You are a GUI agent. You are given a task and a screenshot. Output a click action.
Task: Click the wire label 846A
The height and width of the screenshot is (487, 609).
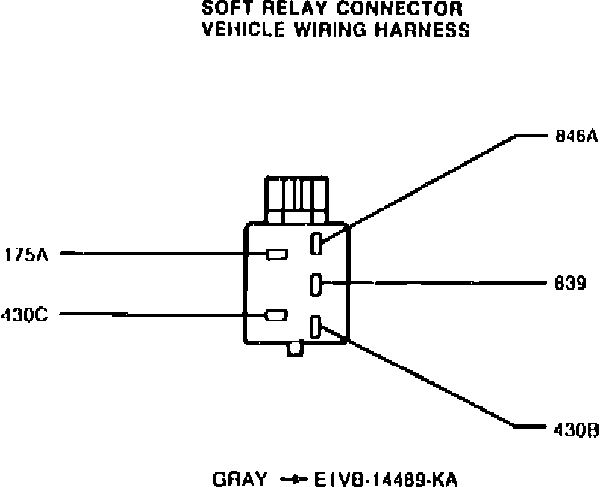click(576, 137)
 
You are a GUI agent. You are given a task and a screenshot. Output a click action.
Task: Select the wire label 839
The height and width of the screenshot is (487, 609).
click(570, 284)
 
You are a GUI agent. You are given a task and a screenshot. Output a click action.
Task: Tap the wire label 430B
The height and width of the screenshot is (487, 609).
click(576, 431)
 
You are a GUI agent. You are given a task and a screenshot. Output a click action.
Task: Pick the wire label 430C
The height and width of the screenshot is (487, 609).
click(25, 314)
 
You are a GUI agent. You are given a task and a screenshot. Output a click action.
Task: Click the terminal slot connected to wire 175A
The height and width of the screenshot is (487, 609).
click(277, 255)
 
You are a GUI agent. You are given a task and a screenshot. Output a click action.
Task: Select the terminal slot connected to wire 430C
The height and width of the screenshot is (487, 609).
click(277, 314)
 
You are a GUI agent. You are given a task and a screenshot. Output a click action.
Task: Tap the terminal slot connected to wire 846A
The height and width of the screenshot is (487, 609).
click(316, 243)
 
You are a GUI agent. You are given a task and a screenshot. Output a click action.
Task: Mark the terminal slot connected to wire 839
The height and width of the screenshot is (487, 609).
click(316, 284)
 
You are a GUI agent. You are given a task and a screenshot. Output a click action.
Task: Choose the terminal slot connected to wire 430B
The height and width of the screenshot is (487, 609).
click(316, 326)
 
